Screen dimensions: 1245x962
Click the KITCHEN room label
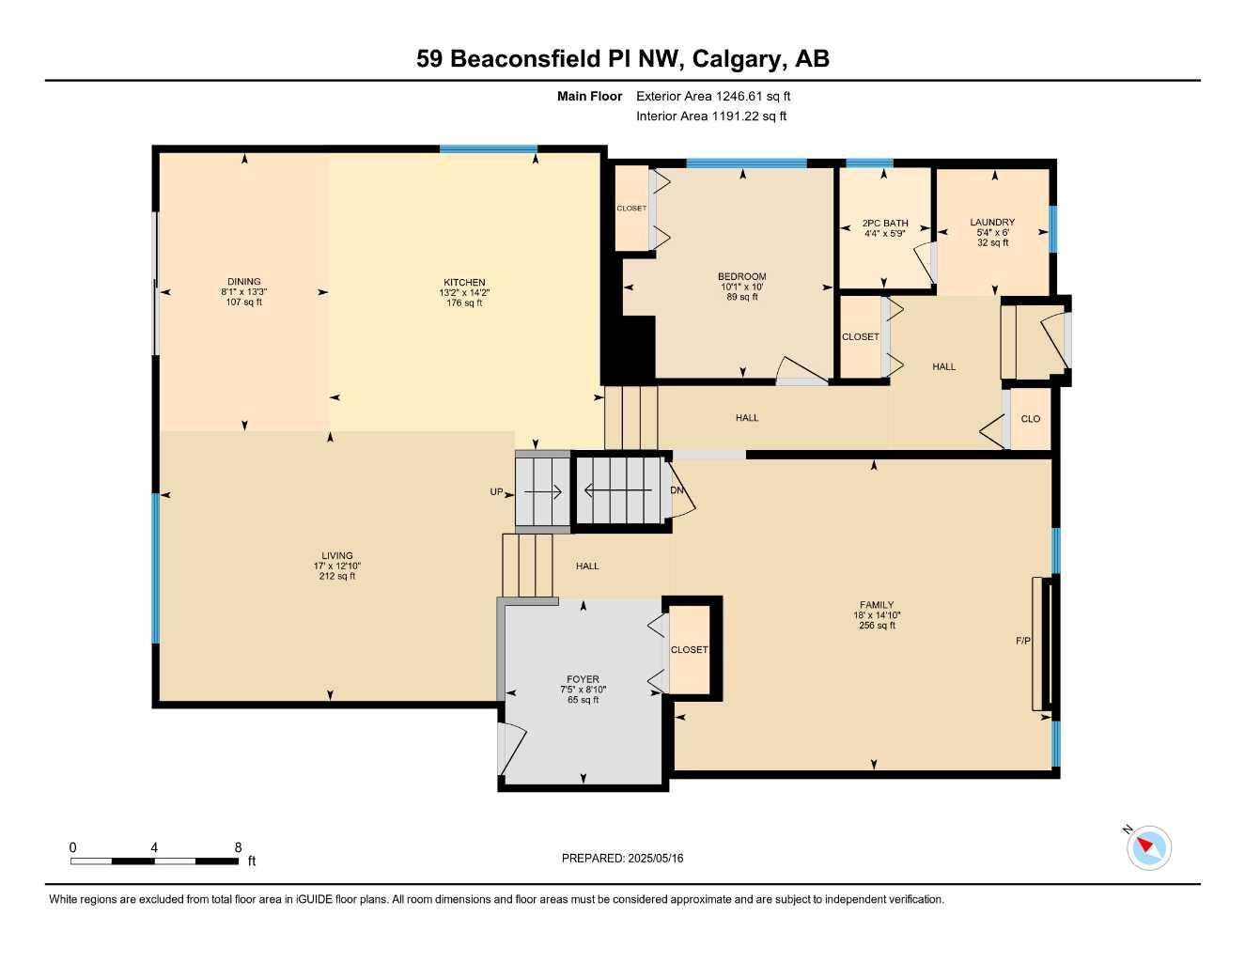tap(464, 282)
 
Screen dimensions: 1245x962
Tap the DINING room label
tap(244, 281)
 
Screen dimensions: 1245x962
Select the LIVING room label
tap(337, 555)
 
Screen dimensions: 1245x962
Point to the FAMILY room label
tap(877, 605)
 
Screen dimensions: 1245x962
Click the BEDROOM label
tap(742, 276)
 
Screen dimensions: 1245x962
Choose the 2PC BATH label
tap(885, 224)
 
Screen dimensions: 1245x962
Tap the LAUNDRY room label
tap(992, 222)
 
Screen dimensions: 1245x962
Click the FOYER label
tap(583, 679)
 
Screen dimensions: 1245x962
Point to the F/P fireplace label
tap(1022, 641)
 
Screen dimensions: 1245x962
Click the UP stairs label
tap(496, 492)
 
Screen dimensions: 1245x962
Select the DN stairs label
tap(677, 490)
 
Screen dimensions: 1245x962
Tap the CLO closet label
tap(1030, 419)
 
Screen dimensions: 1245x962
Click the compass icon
tap(1148, 847)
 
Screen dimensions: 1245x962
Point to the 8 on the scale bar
tap(238, 847)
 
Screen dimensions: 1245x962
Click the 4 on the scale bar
tap(153, 847)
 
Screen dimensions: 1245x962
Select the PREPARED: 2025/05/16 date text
tap(622, 859)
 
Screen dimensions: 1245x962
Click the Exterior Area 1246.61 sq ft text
tap(713, 96)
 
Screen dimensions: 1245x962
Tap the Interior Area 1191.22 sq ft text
tap(711, 116)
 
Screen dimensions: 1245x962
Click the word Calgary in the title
tap(738, 59)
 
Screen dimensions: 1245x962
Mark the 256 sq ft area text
tap(877, 626)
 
